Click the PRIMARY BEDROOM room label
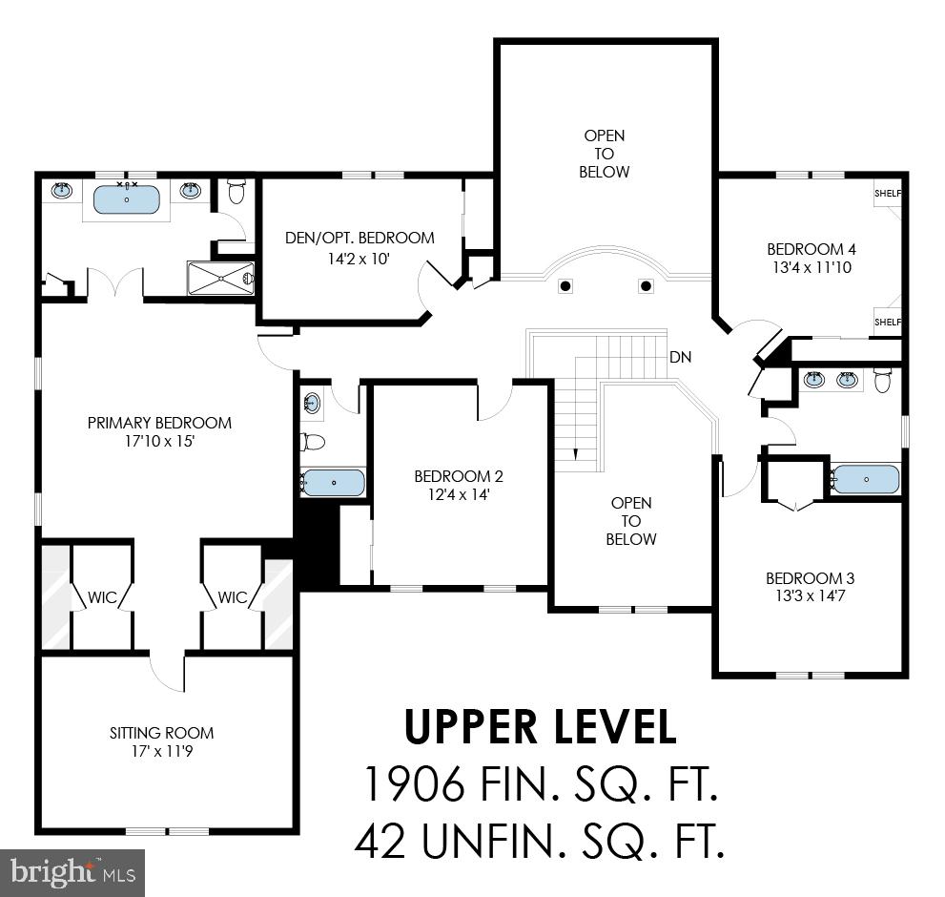click(159, 423)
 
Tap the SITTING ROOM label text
click(161, 733)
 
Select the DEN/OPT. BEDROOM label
click(360, 238)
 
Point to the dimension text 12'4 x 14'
click(458, 494)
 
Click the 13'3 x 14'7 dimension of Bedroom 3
click(810, 595)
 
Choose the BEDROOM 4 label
click(811, 250)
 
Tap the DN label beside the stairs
click(680, 357)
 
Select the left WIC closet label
click(104, 597)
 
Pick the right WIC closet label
click(233, 597)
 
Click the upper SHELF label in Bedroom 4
click(888, 194)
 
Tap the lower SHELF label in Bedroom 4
click(888, 323)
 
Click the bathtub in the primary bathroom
click(127, 199)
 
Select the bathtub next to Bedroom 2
click(334, 483)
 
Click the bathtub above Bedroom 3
click(865, 479)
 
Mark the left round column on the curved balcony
click(565, 285)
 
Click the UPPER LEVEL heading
click(540, 727)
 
